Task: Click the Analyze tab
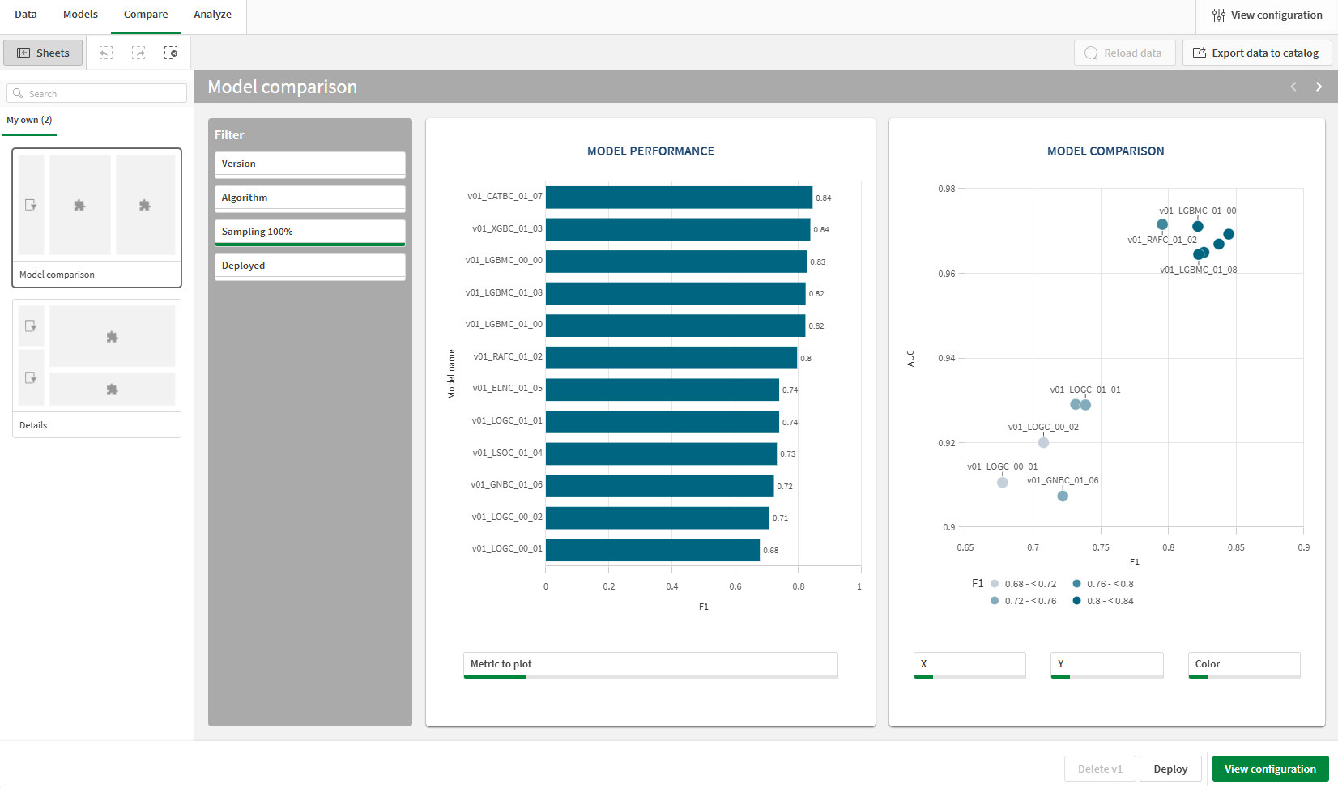(212, 15)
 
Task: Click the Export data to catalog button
(1256, 53)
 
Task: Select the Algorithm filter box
(309, 198)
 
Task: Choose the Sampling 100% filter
(309, 232)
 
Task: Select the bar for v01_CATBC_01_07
(679, 198)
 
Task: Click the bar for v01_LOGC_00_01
(653, 550)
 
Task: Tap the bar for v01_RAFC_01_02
(671, 358)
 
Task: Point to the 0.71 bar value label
(781, 518)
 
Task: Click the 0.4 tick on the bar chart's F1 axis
(672, 586)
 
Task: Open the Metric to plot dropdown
(650, 664)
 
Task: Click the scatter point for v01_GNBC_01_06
(1063, 496)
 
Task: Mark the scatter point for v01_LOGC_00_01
(1003, 483)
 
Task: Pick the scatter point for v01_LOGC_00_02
(1043, 442)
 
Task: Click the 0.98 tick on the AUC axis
(946, 189)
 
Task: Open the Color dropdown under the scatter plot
(1244, 664)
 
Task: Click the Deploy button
(1170, 769)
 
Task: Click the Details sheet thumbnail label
(33, 425)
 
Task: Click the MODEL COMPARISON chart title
(1106, 151)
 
